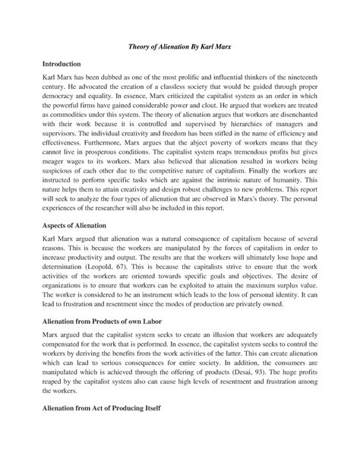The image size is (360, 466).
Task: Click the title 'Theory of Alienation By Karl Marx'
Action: point(180,47)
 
